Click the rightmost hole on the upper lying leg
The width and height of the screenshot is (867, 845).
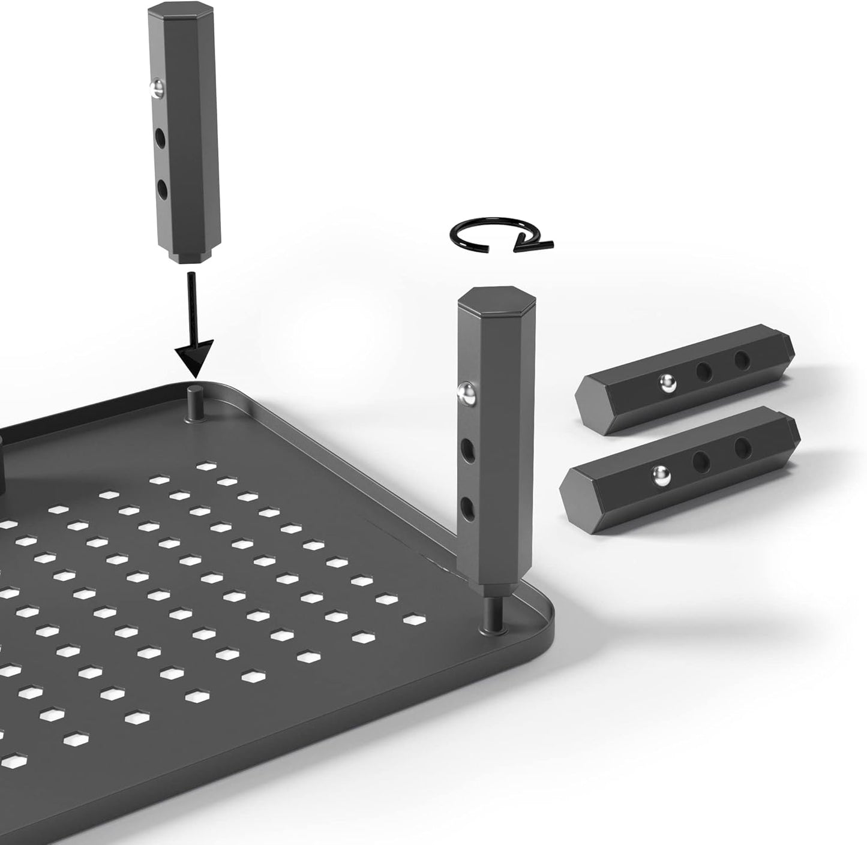click(742, 359)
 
